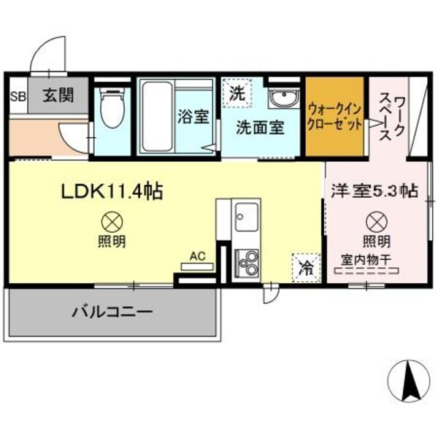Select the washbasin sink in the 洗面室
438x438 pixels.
click(x=282, y=99)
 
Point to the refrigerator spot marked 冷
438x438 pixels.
click(x=307, y=266)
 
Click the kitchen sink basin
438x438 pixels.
click(x=244, y=217)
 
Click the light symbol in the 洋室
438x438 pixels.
click(x=375, y=220)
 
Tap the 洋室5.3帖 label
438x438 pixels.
click(x=374, y=191)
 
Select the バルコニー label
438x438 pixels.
click(x=112, y=312)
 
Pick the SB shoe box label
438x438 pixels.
click(x=17, y=96)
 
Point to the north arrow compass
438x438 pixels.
click(x=410, y=380)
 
